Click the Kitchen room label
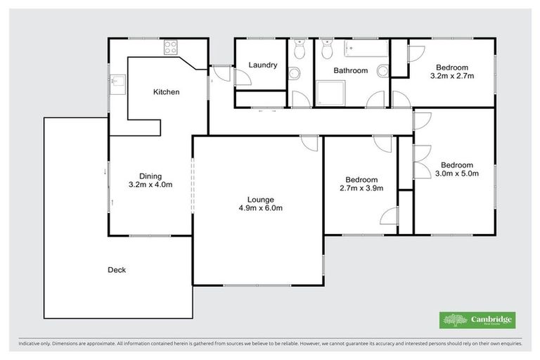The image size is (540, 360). (167, 92)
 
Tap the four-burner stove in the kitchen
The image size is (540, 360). (171, 48)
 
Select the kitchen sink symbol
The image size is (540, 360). (118, 84)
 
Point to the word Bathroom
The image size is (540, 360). (350, 70)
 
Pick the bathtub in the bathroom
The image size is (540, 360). (365, 49)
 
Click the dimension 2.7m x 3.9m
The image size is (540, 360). (361, 188)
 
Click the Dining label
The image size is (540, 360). (150, 176)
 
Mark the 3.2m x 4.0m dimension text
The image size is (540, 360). (150, 186)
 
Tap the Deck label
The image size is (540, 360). (117, 270)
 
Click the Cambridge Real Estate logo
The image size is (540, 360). (477, 320)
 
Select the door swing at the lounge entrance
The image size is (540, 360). (309, 142)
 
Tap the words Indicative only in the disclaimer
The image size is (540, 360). (33, 345)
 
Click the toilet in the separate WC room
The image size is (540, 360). (300, 51)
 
